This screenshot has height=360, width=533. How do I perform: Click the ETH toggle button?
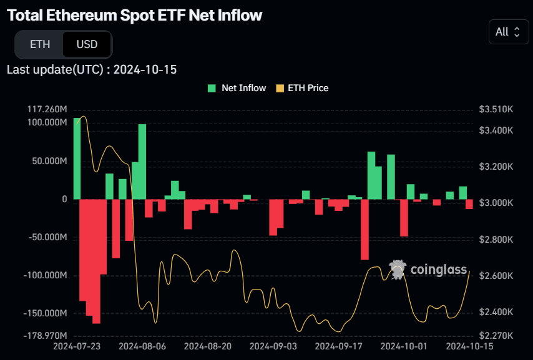tap(40, 44)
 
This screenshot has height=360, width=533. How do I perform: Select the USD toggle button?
tap(87, 44)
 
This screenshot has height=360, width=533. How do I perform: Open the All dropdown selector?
tap(507, 32)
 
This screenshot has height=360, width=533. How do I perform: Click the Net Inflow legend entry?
tap(237, 88)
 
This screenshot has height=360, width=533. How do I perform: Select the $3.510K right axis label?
tap(496, 109)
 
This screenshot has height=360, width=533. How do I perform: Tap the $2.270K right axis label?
tap(496, 336)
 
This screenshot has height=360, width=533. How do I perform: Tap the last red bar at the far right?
tap(469, 204)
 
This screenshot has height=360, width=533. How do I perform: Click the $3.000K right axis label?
tap(496, 203)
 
